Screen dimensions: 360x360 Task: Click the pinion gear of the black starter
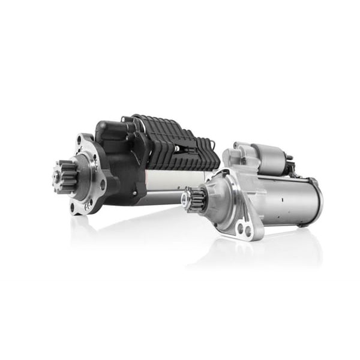coord(62,176)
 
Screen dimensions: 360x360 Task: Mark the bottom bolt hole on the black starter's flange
coord(73,207)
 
